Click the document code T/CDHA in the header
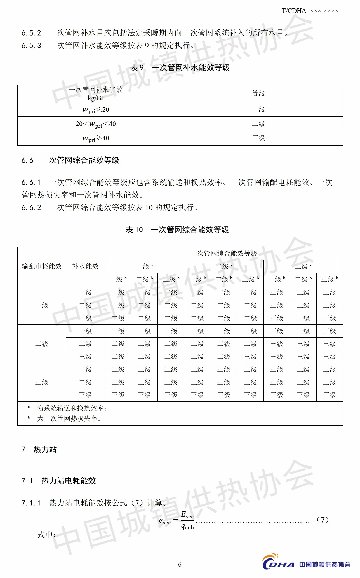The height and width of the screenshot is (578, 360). click(x=294, y=11)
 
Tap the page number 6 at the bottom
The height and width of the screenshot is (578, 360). click(x=180, y=564)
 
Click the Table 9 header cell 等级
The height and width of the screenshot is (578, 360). click(x=258, y=93)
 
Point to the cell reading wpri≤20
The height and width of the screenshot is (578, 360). click(x=96, y=110)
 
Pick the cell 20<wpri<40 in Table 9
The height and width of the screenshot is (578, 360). click(x=96, y=124)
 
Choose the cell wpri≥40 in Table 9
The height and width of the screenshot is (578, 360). click(x=96, y=138)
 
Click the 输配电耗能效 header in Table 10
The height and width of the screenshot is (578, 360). click(x=42, y=266)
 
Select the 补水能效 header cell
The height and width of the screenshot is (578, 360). click(x=85, y=266)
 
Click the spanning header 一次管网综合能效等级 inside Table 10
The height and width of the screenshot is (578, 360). click(x=223, y=254)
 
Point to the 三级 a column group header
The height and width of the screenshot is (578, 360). click(x=303, y=266)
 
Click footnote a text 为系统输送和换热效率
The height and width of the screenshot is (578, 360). click(x=71, y=408)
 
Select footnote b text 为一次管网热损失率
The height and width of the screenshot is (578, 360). click(x=69, y=419)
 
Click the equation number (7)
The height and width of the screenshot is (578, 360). click(x=323, y=520)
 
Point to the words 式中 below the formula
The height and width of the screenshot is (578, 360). click(x=46, y=535)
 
